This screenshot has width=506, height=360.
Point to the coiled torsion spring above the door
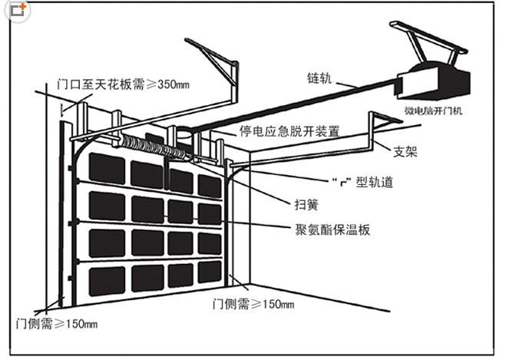click(142, 144)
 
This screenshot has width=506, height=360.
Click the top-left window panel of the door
click(106, 168)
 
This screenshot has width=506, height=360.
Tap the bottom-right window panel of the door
click(209, 271)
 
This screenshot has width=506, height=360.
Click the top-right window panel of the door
click(209, 185)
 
